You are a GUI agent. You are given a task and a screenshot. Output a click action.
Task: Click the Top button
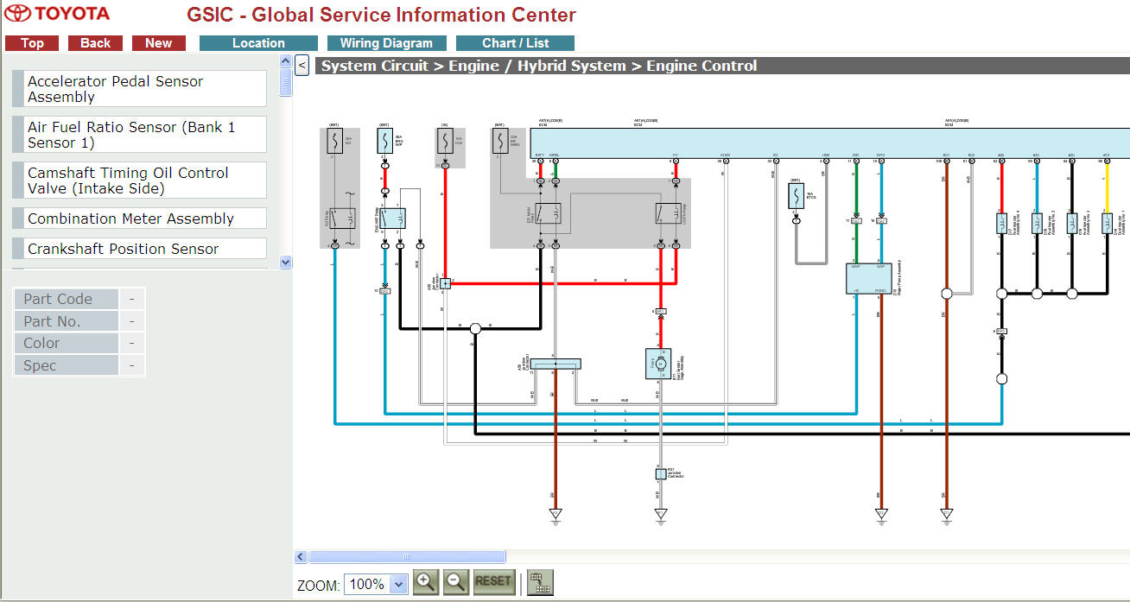pos(32,43)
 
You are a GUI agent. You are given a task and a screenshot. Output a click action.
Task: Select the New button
pos(158,43)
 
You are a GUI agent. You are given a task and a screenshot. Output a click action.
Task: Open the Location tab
pos(258,43)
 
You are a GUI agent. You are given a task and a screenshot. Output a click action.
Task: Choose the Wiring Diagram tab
pos(386,43)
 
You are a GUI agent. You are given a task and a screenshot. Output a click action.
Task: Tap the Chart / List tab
pos(515,43)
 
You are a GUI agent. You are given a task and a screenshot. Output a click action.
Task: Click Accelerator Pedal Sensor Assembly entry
pos(138,89)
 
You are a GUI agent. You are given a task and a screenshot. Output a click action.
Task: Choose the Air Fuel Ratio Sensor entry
pos(138,135)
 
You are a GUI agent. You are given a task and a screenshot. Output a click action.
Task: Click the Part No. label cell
pos(66,321)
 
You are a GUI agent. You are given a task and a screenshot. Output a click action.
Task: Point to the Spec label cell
pos(66,365)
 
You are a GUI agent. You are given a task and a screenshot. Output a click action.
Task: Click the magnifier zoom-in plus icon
pos(425,582)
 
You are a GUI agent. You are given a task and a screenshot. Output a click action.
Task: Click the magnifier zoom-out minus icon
pos(455,582)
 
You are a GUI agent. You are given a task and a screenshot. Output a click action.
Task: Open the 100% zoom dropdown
pos(375,585)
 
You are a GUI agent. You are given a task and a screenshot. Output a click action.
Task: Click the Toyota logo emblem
pos(17,14)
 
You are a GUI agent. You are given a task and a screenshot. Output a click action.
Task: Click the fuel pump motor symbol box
pos(658,363)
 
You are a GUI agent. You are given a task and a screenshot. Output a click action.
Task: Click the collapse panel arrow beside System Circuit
pos(302,65)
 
